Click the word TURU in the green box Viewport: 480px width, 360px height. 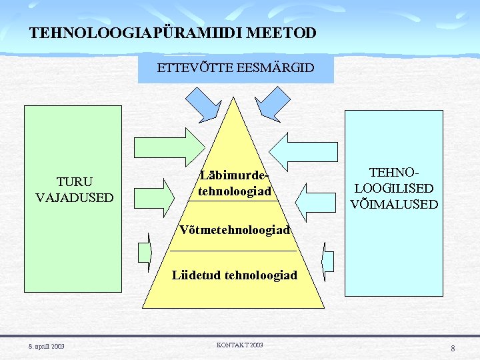click(x=75, y=182)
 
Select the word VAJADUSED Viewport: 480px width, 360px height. click(x=75, y=197)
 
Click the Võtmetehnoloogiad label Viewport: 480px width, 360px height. click(x=235, y=230)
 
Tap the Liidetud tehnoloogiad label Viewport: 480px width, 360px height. click(x=235, y=275)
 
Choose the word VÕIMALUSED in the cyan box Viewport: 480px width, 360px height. click(x=394, y=204)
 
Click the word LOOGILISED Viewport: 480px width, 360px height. click(x=394, y=189)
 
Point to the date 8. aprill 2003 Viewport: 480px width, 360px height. click(x=46, y=345)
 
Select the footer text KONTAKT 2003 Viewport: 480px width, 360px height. click(x=240, y=345)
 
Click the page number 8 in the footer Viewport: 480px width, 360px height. click(x=453, y=348)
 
